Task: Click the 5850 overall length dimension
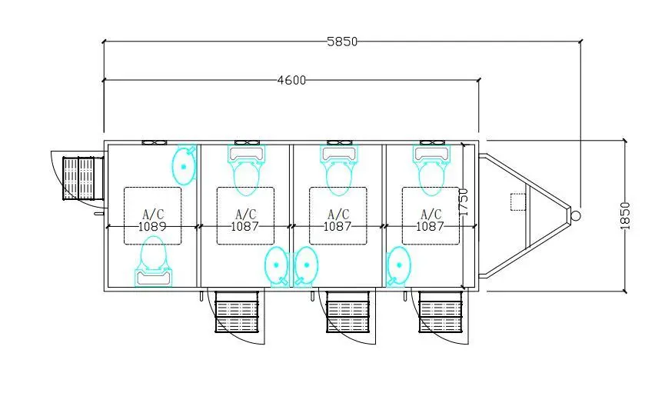coord(342,42)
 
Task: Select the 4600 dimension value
coord(291,80)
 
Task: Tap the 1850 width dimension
coord(625,215)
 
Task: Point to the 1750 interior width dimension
coord(464,202)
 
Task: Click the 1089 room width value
coord(152,226)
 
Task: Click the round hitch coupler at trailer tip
coord(575,215)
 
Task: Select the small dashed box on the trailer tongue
coord(518,202)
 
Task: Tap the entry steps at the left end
coord(83,178)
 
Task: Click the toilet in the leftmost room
coord(153,261)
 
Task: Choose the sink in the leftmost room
coord(184,165)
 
